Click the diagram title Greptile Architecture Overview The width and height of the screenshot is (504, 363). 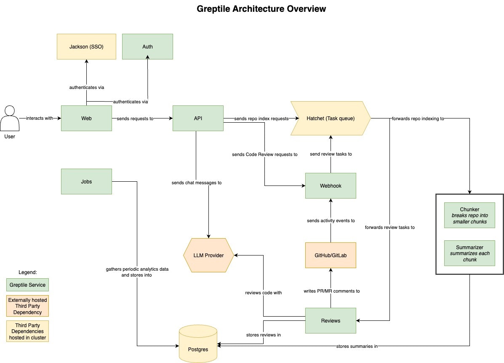click(261, 8)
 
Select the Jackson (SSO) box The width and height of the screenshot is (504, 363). click(86, 46)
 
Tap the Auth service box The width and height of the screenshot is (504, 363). click(147, 46)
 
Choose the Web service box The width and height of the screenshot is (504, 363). click(86, 118)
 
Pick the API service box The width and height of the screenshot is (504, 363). click(198, 118)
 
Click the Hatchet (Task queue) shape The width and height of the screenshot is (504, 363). click(330, 118)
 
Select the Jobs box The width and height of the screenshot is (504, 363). click(86, 181)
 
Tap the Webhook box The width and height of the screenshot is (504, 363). click(331, 186)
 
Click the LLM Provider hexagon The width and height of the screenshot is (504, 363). click(209, 255)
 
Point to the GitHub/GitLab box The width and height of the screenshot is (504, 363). click(331, 255)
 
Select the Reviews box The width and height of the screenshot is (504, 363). click(331, 320)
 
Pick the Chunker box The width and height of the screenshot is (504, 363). click(469, 215)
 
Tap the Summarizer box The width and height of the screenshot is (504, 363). click(469, 253)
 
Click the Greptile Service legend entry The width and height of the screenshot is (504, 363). click(27, 285)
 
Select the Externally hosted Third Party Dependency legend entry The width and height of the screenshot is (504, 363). click(27, 306)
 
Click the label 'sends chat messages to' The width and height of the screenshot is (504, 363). click(196, 183)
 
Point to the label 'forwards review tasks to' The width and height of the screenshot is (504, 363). click(390, 227)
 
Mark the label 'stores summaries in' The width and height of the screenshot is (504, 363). click(357, 346)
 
